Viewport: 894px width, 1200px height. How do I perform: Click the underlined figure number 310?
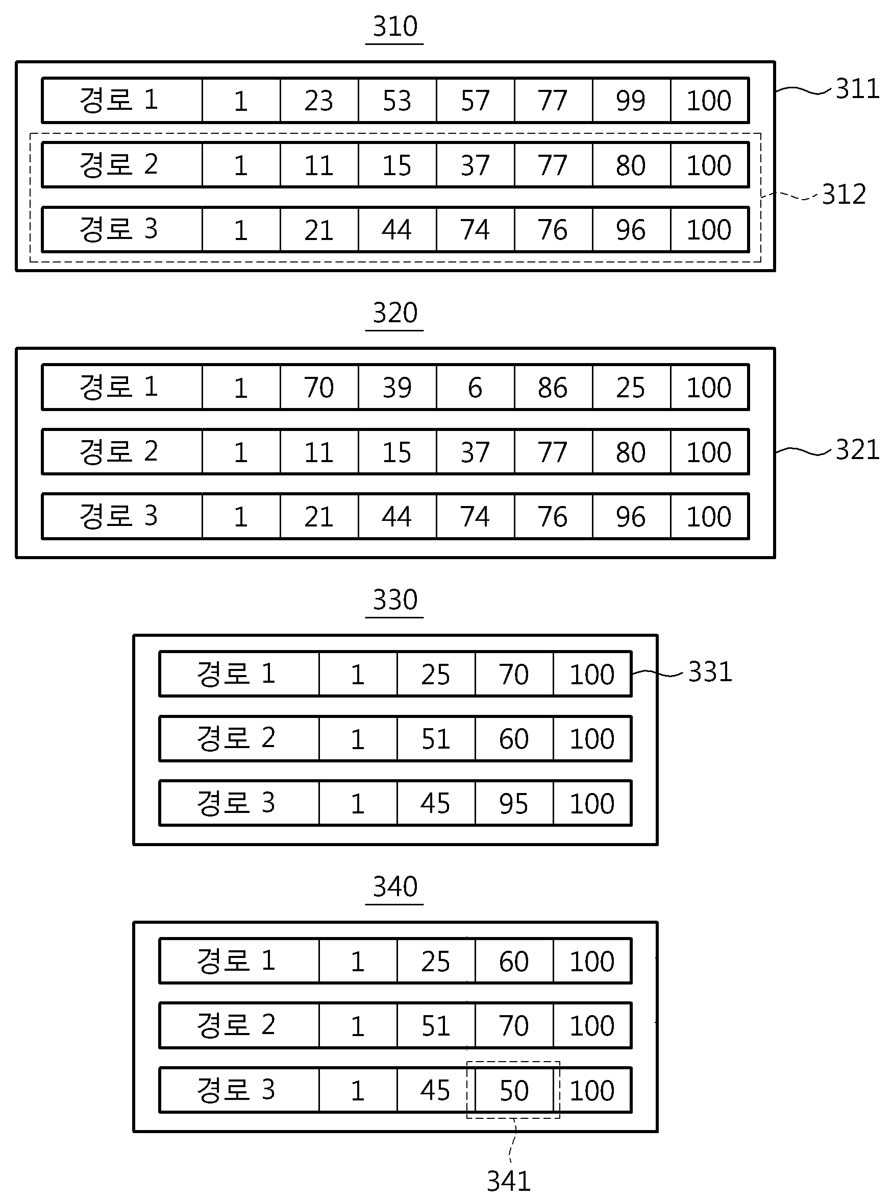pyautogui.click(x=395, y=27)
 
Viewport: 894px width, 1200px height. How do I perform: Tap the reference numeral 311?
pyautogui.click(x=857, y=89)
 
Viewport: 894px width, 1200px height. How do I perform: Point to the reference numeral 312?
pyautogui.click(x=843, y=195)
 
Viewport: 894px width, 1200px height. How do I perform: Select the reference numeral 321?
pyautogui.click(x=857, y=450)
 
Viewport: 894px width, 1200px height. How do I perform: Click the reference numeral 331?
pyautogui.click(x=710, y=672)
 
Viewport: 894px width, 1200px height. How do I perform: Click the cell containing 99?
pyautogui.click(x=631, y=101)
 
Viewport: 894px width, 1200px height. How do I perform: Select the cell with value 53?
pyautogui.click(x=397, y=101)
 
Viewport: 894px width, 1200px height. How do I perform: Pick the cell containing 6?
pyautogui.click(x=475, y=388)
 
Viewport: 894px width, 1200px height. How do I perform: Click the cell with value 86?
pyautogui.click(x=553, y=388)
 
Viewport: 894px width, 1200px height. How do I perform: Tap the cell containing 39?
pyautogui.click(x=397, y=388)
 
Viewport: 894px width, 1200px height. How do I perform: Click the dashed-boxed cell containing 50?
pyautogui.click(x=513, y=1091)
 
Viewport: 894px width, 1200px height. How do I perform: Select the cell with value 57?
pyautogui.click(x=475, y=101)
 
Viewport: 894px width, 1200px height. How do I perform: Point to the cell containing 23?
pyautogui.click(x=319, y=101)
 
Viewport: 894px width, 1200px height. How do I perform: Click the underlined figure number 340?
pyautogui.click(x=395, y=887)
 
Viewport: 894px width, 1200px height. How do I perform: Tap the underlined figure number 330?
pyautogui.click(x=395, y=601)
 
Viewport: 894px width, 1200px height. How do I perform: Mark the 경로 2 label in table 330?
pyautogui.click(x=236, y=738)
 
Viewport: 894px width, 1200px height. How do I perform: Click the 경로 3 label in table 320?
pyautogui.click(x=118, y=516)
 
